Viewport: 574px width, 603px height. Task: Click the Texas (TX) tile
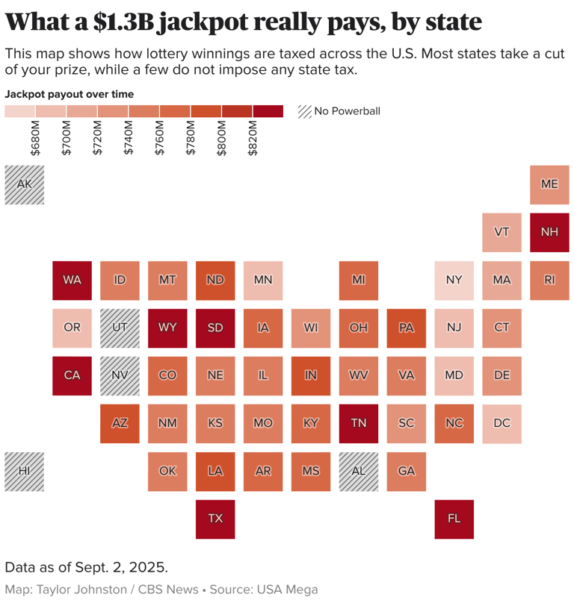(x=215, y=519)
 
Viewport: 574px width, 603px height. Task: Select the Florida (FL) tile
(x=454, y=519)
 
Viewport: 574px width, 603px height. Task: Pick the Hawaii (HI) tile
(x=24, y=471)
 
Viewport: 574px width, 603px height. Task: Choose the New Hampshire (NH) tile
(x=549, y=232)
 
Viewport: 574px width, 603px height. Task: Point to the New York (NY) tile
(x=454, y=280)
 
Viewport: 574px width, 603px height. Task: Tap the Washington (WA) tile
(x=72, y=280)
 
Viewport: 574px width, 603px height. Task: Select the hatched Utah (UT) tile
(x=120, y=328)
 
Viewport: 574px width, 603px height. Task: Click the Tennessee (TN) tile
(x=359, y=423)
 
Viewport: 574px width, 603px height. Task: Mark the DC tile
(x=502, y=423)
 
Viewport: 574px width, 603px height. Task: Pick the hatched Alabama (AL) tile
(x=359, y=471)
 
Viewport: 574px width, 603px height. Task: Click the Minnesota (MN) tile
(x=263, y=280)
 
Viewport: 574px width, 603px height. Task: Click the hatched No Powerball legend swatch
(x=304, y=111)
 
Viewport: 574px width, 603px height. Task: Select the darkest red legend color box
(x=268, y=111)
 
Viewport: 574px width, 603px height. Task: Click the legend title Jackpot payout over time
(x=70, y=94)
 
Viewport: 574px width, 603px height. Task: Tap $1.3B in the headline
(x=123, y=22)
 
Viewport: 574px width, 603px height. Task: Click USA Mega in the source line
(x=288, y=590)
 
